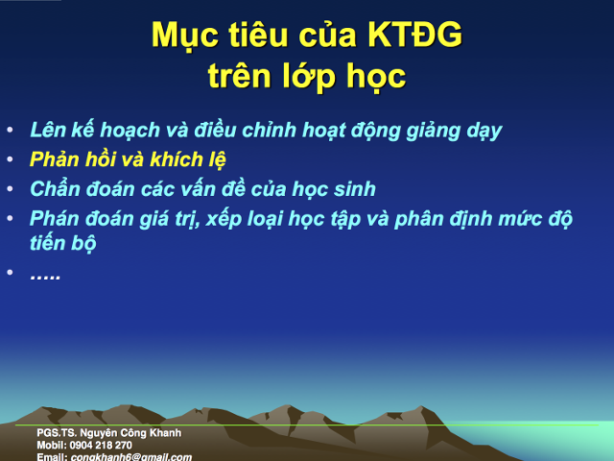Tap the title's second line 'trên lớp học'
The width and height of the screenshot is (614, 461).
pyautogui.click(x=307, y=76)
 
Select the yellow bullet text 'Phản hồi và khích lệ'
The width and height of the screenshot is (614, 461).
pyautogui.click(x=128, y=158)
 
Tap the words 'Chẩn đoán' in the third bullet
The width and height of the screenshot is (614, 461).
pyautogui.click(x=74, y=188)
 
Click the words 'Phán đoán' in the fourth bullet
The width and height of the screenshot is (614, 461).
pyautogui.click(x=74, y=218)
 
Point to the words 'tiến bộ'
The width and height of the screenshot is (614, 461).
pyautogui.click(x=63, y=244)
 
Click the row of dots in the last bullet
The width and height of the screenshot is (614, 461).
pyautogui.click(x=45, y=276)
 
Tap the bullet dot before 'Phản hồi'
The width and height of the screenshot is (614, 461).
pyautogui.click(x=10, y=158)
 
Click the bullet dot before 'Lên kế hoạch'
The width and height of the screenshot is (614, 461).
pyautogui.click(x=10, y=130)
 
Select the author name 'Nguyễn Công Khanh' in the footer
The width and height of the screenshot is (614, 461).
pyautogui.click(x=130, y=433)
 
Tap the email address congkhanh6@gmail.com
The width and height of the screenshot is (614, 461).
pyautogui.click(x=130, y=457)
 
